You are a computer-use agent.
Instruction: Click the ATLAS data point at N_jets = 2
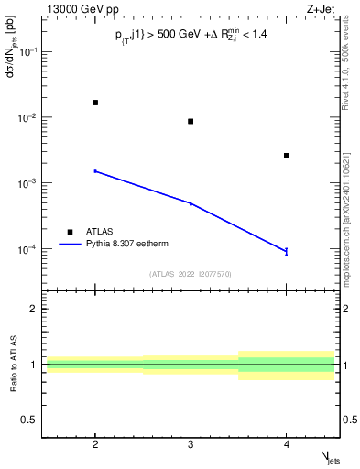click(95, 103)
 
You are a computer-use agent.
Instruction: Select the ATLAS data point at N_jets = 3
click(191, 121)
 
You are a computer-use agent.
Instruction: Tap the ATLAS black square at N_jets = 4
click(287, 156)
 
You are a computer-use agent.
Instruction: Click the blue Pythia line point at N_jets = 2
click(95, 171)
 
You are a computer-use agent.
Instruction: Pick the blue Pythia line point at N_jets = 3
click(191, 203)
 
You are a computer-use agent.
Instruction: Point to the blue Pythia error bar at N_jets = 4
click(287, 251)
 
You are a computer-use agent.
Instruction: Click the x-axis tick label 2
click(95, 444)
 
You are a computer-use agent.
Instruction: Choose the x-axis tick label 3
click(191, 444)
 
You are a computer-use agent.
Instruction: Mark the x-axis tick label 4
click(287, 444)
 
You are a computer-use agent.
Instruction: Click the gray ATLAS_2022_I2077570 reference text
click(191, 273)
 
